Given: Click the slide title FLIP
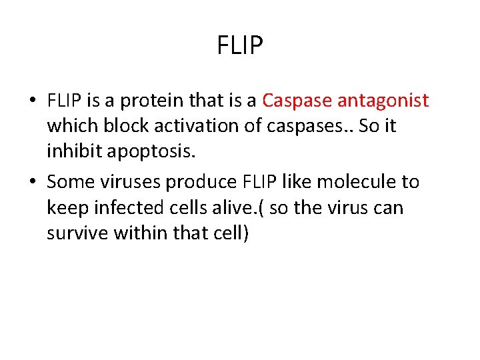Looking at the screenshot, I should pyautogui.click(x=240, y=45).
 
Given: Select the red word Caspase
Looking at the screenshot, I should pyautogui.click(x=297, y=101).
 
